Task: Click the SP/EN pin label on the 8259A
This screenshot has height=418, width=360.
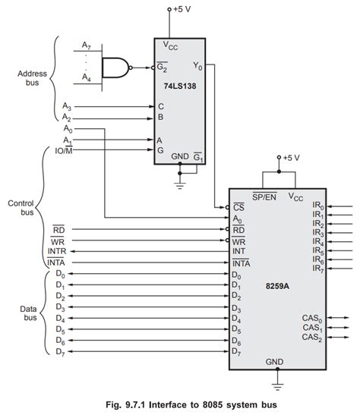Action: pyautogui.click(x=264, y=196)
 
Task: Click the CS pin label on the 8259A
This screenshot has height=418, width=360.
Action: pyautogui.click(x=238, y=206)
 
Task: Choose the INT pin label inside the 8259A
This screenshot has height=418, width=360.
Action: pyautogui.click(x=238, y=250)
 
